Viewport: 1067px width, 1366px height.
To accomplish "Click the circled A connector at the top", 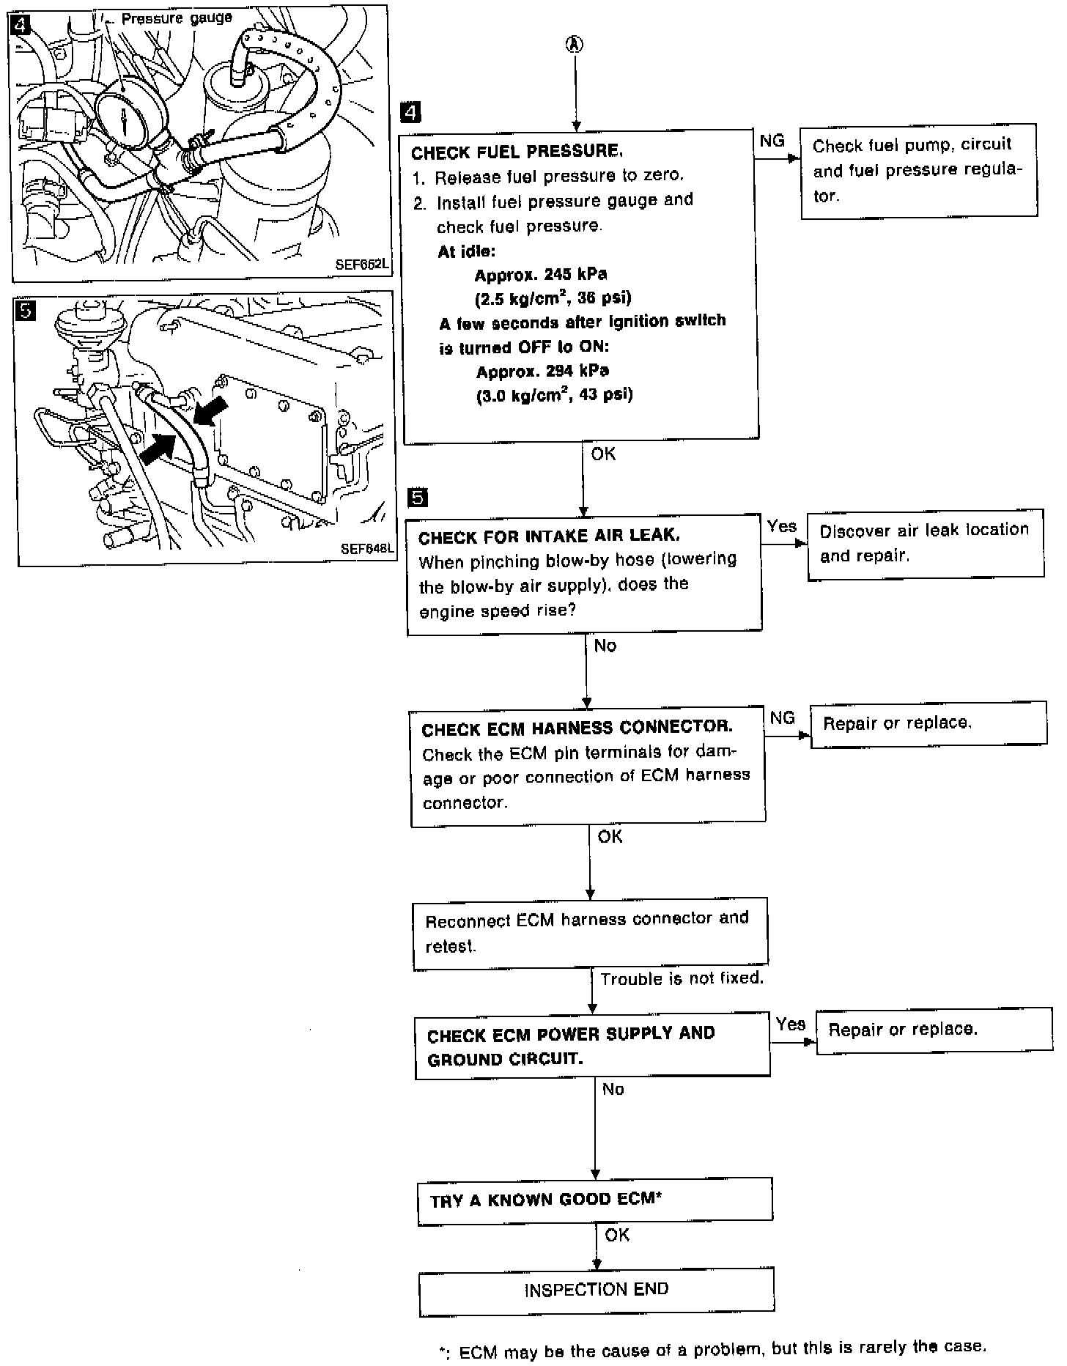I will click(x=575, y=45).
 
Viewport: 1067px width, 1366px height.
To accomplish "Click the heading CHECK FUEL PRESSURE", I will click(x=517, y=152).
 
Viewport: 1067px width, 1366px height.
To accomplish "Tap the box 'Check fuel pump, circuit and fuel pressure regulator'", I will click(x=918, y=170).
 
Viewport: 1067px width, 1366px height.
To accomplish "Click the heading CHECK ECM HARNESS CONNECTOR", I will click(x=577, y=728).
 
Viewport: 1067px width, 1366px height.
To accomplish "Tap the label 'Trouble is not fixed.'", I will click(x=682, y=978).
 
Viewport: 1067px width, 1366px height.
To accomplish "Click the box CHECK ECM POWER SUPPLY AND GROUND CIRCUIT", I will click(x=592, y=1046).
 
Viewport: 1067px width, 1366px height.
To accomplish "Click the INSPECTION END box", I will click(x=597, y=1289).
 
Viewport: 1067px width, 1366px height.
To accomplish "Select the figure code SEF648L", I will click(x=366, y=549).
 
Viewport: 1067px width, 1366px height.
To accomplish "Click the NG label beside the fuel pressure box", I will click(x=772, y=141).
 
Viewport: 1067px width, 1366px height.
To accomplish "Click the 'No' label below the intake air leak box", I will click(x=605, y=646).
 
